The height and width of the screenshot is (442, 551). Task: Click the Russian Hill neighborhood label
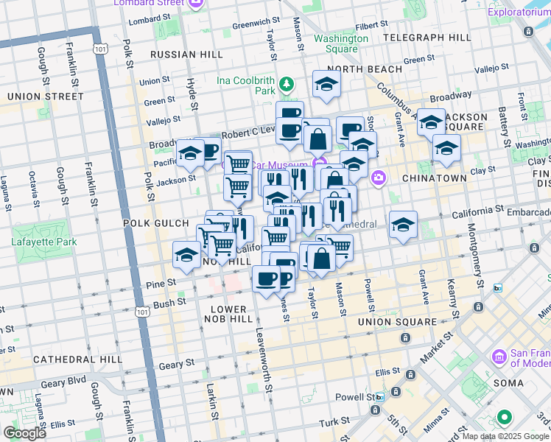click(x=181, y=55)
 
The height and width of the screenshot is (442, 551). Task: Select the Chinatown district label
click(x=435, y=178)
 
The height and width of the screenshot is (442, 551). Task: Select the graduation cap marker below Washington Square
click(x=326, y=85)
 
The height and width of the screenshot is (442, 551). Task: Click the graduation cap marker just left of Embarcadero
click(x=403, y=225)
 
